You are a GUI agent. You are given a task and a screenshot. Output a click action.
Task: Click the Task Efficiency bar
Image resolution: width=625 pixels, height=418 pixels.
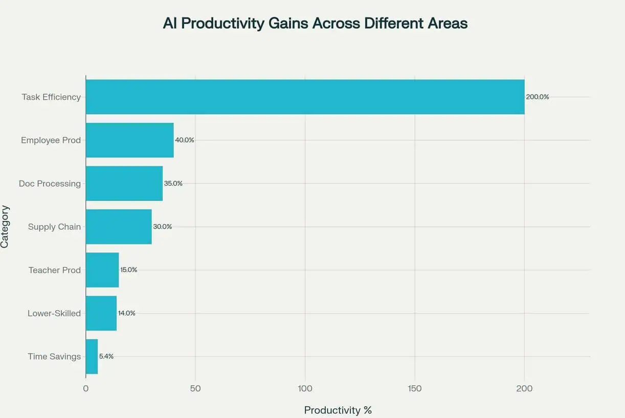305,97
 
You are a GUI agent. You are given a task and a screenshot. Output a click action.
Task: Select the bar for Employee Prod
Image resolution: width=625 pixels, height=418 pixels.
129,140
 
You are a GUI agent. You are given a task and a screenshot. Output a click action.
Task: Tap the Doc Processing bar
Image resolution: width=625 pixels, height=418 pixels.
124,183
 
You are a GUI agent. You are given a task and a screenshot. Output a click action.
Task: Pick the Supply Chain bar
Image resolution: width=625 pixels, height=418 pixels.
119,227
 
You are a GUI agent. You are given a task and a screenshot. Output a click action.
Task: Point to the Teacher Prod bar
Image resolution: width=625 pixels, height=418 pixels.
102,270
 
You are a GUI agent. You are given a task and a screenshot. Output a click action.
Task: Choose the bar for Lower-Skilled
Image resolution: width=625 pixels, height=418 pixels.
101,313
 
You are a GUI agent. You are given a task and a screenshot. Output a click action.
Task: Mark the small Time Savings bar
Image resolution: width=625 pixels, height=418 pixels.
92,356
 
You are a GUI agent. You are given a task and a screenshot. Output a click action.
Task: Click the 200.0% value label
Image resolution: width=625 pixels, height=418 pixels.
537,97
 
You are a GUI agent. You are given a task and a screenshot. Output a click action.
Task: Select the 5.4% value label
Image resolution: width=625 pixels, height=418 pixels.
106,356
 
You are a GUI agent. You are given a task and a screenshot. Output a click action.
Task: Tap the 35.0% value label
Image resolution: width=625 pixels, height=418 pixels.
173,183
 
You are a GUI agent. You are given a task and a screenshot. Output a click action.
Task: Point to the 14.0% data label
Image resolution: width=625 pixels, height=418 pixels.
126,313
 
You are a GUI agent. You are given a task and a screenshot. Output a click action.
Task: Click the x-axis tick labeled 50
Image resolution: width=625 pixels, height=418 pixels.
195,388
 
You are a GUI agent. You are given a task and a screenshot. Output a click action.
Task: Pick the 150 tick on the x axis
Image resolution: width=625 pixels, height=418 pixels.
415,388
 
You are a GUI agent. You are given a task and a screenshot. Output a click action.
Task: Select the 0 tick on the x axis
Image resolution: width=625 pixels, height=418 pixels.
86,388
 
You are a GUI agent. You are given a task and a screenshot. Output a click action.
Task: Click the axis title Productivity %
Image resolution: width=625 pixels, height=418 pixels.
338,410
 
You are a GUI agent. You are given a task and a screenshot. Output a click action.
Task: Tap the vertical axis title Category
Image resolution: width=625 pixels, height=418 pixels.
5,227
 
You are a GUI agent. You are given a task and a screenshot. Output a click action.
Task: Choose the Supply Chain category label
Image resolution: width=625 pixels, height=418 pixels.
54,227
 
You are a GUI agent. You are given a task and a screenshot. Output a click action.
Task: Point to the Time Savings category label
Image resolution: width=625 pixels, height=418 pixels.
54,356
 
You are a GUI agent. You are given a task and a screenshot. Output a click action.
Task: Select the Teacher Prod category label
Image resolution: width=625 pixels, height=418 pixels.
54,270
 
